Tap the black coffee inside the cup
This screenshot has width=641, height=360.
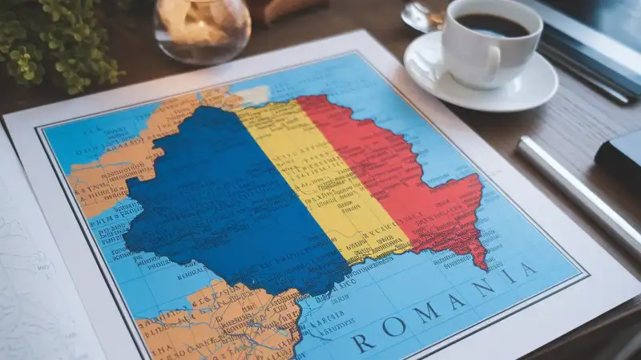click(x=492, y=25)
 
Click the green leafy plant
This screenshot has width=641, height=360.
click(x=56, y=40)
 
